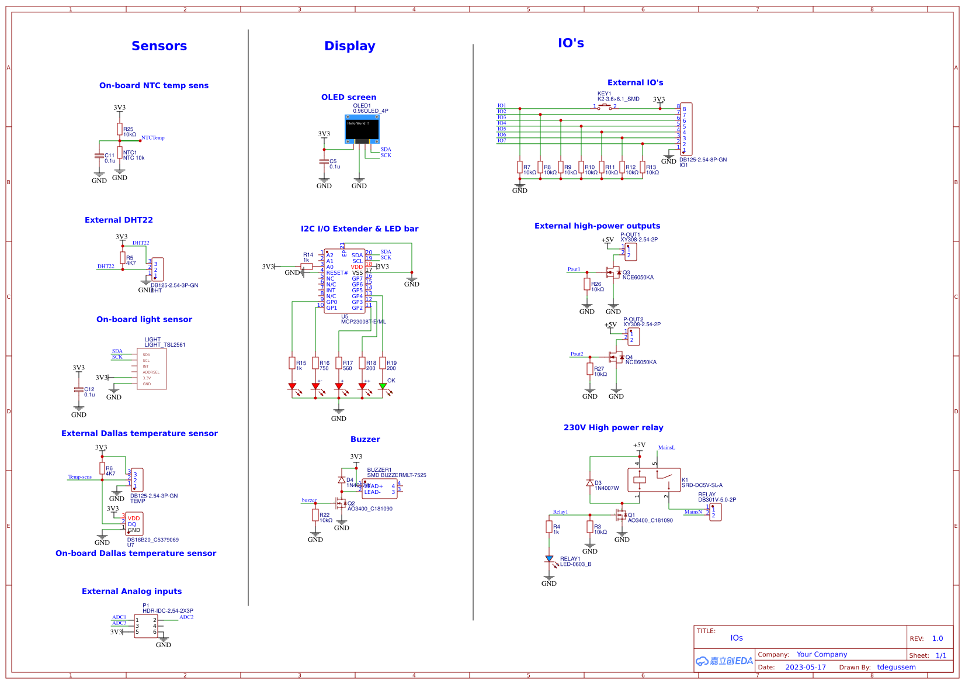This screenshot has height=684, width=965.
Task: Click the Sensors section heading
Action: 159,46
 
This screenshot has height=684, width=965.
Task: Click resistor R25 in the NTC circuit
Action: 120,129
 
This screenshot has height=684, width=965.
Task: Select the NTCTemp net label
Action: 153,138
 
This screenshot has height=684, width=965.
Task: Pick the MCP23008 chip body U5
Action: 345,281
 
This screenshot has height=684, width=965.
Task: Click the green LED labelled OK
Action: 383,386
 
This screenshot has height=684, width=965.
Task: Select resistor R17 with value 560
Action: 339,363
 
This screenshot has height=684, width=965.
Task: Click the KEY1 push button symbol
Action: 605,107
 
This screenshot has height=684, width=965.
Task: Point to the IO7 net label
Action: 502,140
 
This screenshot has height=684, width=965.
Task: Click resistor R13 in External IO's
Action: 643,167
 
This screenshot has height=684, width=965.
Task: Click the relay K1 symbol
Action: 654,479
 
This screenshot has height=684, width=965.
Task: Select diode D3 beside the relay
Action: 590,483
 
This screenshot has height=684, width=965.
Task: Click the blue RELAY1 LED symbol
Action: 549,559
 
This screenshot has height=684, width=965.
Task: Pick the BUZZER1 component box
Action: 379,489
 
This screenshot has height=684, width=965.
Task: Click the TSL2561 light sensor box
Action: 151,369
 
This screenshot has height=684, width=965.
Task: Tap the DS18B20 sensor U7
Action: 134,524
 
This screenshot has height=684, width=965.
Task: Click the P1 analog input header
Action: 146,626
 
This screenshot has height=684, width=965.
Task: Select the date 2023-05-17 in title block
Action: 806,667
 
